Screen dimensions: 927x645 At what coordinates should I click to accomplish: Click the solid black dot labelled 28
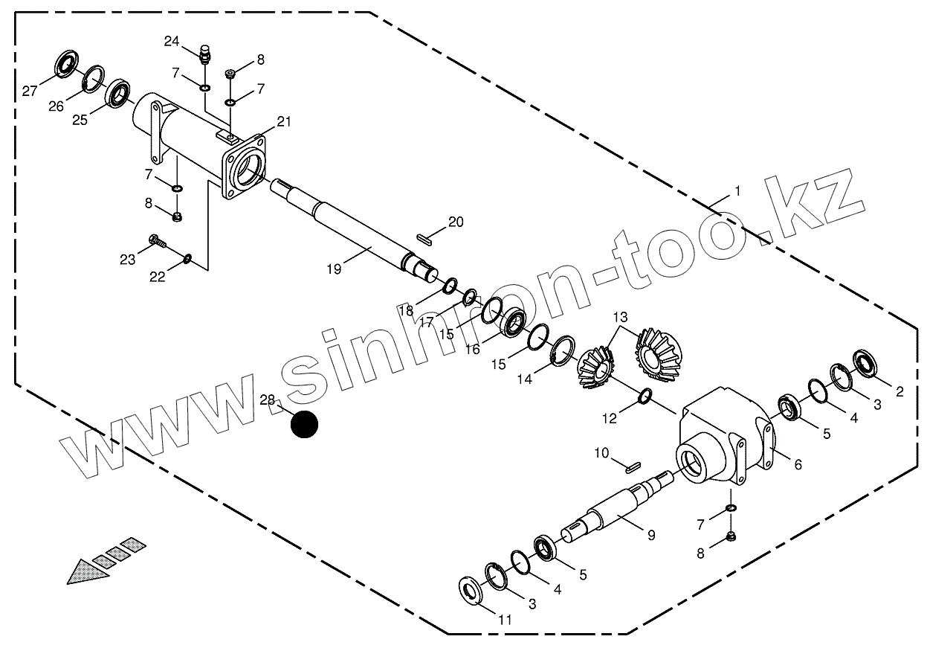tap(304, 424)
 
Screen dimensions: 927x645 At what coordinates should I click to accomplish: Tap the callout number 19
tap(334, 269)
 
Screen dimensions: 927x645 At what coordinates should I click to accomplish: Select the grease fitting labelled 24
tap(205, 55)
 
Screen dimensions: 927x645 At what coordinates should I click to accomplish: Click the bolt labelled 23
tap(157, 241)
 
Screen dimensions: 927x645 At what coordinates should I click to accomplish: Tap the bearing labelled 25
tap(117, 93)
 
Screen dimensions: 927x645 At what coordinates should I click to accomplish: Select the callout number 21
tap(285, 121)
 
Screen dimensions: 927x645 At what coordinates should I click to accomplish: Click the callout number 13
tap(620, 318)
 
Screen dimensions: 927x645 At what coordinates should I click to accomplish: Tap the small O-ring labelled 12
tap(645, 397)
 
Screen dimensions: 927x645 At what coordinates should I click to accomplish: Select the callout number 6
tap(798, 464)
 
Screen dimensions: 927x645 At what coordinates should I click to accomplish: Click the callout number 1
tap(737, 191)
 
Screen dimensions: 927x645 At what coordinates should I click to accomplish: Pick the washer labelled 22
tap(188, 259)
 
